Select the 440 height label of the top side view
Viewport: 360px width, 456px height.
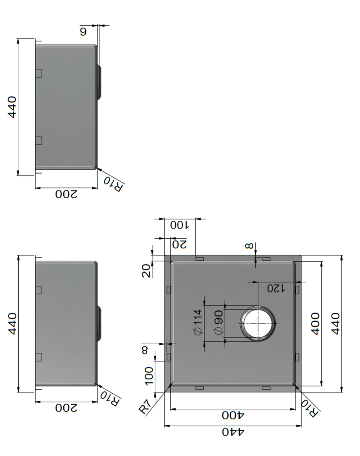click(x=12, y=107)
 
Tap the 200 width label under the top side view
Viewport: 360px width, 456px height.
click(x=66, y=194)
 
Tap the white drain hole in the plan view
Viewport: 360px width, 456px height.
click(x=258, y=323)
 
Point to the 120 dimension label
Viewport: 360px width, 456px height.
click(x=276, y=288)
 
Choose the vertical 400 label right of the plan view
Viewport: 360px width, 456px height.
click(x=315, y=324)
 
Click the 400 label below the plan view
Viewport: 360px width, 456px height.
click(x=233, y=415)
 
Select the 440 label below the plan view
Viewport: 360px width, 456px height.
click(x=233, y=432)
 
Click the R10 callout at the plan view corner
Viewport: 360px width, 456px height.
click(x=310, y=408)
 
